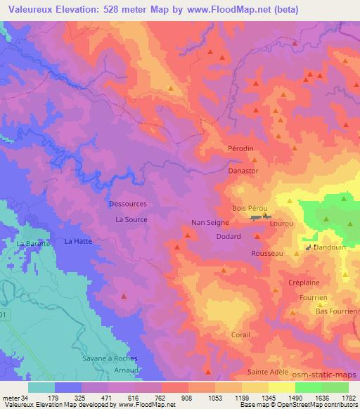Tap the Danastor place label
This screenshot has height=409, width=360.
pyautogui.click(x=244, y=171)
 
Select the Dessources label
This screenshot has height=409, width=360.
pyautogui.click(x=128, y=204)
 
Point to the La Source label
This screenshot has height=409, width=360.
pyautogui.click(x=131, y=220)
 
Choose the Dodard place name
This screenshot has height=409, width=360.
pyautogui.click(x=229, y=237)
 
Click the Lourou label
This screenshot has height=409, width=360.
pyautogui.click(x=282, y=223)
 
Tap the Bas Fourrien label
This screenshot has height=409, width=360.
pyautogui.click(x=337, y=311)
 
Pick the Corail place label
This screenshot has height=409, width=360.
pyautogui.click(x=240, y=335)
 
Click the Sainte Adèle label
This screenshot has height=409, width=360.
pyautogui.click(x=269, y=372)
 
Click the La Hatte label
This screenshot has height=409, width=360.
pyautogui.click(x=78, y=241)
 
